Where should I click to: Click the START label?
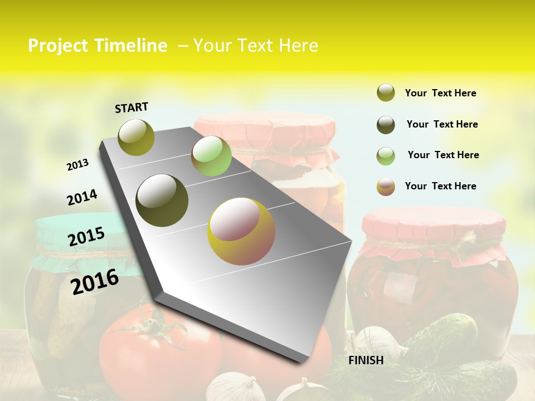point(132,107)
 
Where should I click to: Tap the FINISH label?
point(366,360)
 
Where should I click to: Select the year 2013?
point(77,165)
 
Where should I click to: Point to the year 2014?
point(82,198)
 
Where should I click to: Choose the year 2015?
point(86,237)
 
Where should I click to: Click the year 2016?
point(95,282)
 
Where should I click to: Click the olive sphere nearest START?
point(137,137)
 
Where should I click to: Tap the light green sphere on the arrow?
point(211,156)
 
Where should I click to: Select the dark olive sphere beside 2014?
point(162,200)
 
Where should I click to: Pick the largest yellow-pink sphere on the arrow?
point(241,231)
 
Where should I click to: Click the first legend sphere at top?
point(386,92)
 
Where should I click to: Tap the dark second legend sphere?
point(386,125)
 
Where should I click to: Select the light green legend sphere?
point(386,156)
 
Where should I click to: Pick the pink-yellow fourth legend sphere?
point(386,187)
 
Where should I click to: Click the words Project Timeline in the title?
point(98,46)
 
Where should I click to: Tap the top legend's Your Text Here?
point(440,93)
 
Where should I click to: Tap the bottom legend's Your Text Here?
point(440,186)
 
